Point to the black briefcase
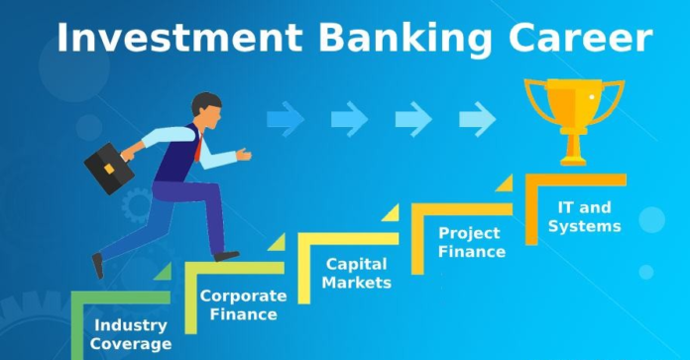coord(108,169)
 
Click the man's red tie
coord(198,147)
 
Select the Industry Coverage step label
coord(129,333)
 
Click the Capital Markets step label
coord(358,274)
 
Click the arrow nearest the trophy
coord(477,120)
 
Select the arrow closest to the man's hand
coord(286,120)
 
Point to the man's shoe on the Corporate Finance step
coord(227,256)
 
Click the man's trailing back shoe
coord(97,265)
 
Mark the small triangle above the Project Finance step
coord(504,183)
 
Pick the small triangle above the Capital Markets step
coord(390,213)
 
